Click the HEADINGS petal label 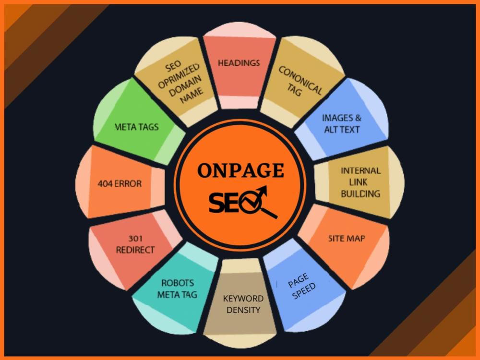point(239,63)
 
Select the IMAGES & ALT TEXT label point(342,124)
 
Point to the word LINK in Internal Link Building point(358,182)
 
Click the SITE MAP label point(347,238)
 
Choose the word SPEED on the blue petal point(304,291)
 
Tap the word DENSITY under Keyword point(243,310)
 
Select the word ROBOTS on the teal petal point(178,283)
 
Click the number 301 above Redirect point(135,239)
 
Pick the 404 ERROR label point(120,184)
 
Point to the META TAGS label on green point(136,127)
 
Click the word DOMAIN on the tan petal point(185,86)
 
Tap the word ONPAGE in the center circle point(240,170)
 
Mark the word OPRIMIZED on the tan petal point(179,76)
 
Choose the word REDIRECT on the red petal point(135,250)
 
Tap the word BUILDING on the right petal point(360,194)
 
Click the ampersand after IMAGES point(358,118)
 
